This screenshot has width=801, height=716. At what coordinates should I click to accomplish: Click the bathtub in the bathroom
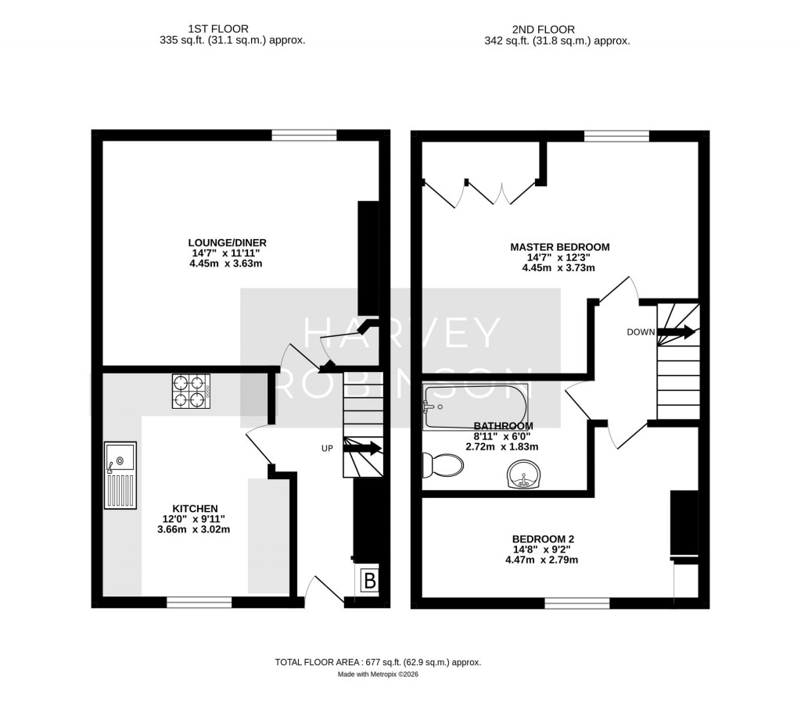[x=475, y=406]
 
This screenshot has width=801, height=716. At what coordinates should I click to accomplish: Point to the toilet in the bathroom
[x=442, y=467]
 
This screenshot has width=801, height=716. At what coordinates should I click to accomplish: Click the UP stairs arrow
[x=365, y=449]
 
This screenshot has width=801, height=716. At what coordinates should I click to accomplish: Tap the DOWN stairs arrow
[x=677, y=332]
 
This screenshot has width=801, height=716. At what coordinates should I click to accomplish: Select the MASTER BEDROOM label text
[x=559, y=247]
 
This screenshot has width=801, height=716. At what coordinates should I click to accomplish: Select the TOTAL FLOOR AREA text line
[x=378, y=662]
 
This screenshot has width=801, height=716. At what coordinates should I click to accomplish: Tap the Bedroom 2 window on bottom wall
[x=577, y=603]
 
